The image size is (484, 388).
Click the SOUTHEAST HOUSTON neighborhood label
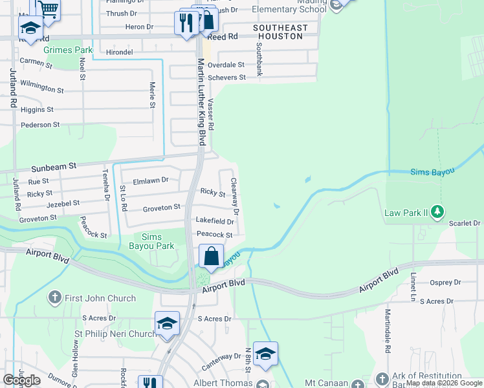coord(280,32)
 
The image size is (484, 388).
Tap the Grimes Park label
coord(68,49)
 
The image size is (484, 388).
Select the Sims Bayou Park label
coord(158,242)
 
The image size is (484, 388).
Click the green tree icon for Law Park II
coord(438,211)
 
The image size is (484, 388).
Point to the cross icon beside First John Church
coord(55,298)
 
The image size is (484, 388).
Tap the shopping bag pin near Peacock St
coord(212,256)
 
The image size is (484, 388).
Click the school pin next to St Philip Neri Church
coord(167,323)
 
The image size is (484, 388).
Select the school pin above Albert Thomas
coord(265,354)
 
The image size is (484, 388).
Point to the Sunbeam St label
coord(54,167)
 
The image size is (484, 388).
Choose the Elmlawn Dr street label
coord(150,180)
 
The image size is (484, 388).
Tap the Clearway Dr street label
coord(236,197)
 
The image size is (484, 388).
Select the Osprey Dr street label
coord(445,283)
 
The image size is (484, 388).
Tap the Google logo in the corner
coord(22,380)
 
